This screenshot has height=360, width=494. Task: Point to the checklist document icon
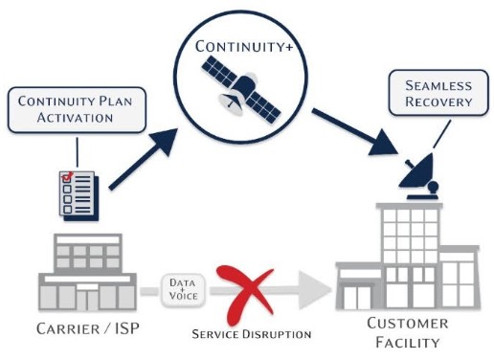pyautogui.click(x=73, y=191)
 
